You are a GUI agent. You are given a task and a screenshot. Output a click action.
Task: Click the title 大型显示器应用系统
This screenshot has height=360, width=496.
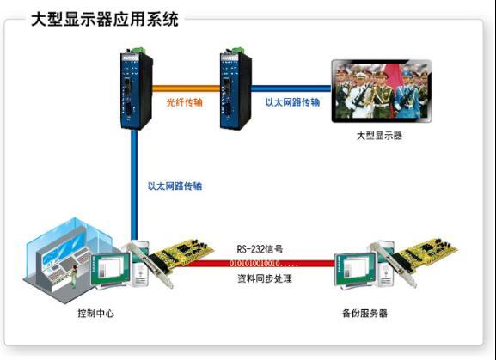(x=105, y=20)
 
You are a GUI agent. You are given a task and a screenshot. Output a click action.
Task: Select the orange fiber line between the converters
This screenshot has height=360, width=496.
(x=187, y=88)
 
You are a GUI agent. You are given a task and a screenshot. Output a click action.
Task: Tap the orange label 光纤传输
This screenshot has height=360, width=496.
(x=185, y=102)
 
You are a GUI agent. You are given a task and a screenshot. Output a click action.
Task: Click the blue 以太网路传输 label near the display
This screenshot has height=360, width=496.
(x=292, y=102)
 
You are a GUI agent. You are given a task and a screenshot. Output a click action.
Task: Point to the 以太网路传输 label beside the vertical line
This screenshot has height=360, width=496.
(x=175, y=186)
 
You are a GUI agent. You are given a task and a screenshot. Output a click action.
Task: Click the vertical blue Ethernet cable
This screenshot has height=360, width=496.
(x=134, y=185)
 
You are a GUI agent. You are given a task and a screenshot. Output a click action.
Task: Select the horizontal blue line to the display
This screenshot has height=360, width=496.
(x=291, y=88)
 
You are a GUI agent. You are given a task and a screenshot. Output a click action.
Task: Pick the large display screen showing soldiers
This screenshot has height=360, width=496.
(x=382, y=91)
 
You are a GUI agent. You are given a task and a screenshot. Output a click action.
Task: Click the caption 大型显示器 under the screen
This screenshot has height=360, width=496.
(x=379, y=136)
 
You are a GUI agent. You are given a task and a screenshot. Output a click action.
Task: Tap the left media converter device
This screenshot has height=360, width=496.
(x=137, y=89)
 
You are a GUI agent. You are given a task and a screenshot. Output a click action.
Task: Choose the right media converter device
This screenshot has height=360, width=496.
(x=236, y=89)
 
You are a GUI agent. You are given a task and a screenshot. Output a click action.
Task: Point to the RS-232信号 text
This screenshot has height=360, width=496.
(x=260, y=249)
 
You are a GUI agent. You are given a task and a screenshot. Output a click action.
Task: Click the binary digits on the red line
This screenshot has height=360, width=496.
(x=259, y=263)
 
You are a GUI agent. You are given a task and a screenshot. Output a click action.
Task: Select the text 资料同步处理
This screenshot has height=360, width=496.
(x=265, y=278)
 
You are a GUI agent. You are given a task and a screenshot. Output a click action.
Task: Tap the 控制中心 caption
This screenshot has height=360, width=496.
(x=95, y=314)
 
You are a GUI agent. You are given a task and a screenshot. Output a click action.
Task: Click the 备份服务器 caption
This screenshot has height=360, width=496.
(x=364, y=314)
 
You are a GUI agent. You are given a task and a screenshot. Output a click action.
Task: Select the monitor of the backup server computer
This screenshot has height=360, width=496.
(x=356, y=271)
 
